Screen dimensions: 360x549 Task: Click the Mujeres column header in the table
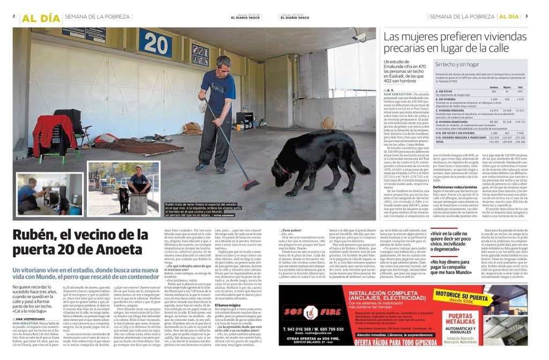pos(507,87)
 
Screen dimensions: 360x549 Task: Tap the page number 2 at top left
pos(14,16)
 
